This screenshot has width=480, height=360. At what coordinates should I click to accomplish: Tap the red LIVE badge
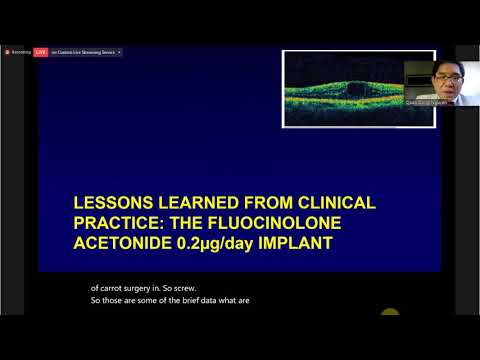(x=41, y=51)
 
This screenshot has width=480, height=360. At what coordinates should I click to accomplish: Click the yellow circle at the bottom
(x=390, y=313)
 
